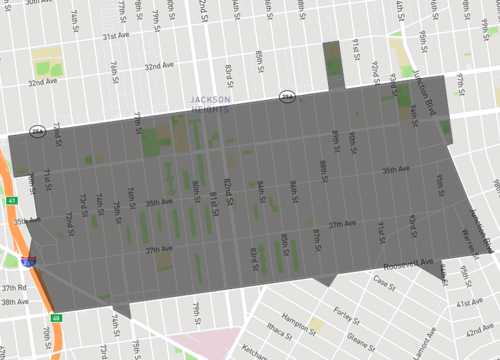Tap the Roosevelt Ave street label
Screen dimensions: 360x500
[407, 264]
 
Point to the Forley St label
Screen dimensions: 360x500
[347, 312]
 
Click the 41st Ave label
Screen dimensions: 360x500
[470, 302]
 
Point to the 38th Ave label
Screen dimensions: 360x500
[14, 301]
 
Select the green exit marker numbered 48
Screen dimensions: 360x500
[57, 319]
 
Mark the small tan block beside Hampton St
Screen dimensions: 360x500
[317, 324]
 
